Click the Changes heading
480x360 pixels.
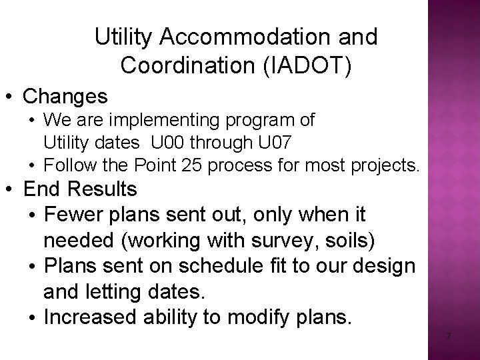[x=65, y=97]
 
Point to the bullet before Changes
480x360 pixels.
[x=11, y=97]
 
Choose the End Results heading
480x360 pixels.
[x=79, y=189]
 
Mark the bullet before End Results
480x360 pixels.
[x=11, y=190]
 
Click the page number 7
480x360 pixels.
[x=448, y=336]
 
